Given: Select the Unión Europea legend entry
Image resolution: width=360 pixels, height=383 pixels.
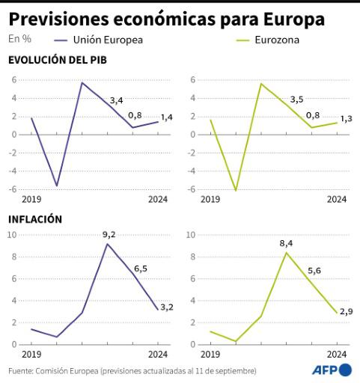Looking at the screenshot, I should pos(108,39).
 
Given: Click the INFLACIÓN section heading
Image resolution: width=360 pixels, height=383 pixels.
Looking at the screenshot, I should pos(34,219).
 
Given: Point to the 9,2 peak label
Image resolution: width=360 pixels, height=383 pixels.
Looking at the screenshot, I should pos(109,235).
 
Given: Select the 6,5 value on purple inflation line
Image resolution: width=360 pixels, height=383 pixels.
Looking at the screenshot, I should pos(141,268).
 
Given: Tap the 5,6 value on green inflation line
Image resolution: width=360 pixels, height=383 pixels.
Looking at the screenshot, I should pos(314,270).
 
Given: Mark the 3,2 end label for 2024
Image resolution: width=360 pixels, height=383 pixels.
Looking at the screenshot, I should pos(166,307).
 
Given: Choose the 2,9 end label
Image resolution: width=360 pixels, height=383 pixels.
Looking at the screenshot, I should pos(346,310).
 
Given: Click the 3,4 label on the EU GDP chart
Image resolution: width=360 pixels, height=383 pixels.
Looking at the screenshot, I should pos(117,99).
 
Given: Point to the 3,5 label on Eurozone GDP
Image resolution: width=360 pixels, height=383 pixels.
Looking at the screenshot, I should pos(296,99).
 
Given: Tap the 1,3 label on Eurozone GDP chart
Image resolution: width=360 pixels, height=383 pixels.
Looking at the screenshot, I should pos(347,119).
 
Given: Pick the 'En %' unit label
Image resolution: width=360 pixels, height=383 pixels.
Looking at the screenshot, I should pos(19,39).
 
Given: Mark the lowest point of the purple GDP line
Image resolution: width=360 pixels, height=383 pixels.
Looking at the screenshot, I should pos(56,185).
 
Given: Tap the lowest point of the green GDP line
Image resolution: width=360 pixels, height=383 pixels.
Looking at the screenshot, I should pos(236,190).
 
